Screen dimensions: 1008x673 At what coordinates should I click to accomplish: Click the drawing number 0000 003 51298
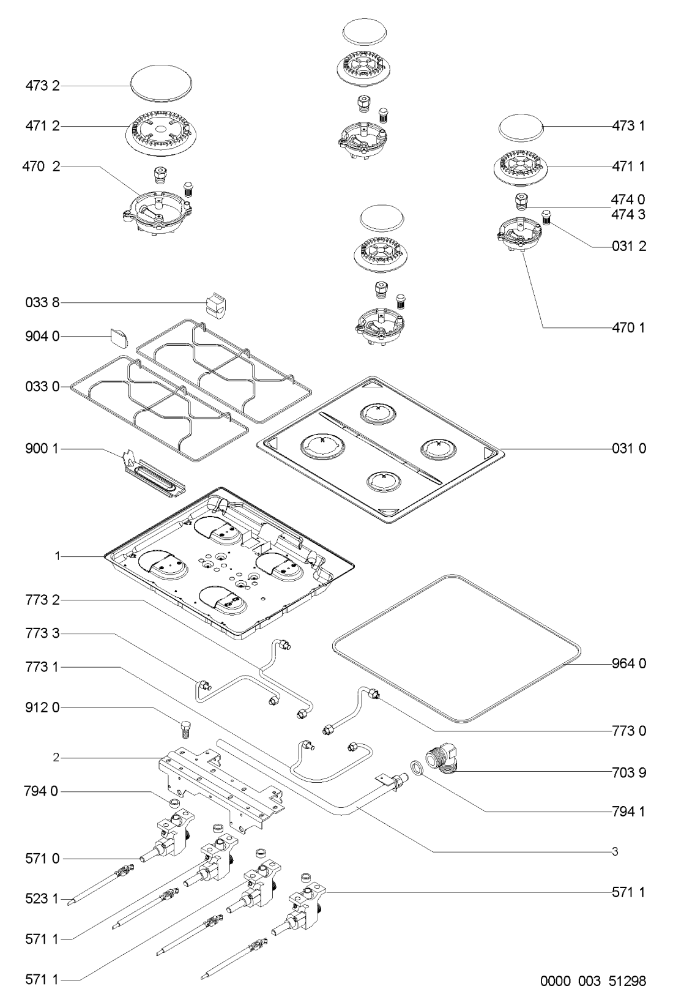(592, 982)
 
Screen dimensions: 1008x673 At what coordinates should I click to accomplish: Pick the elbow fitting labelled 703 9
(445, 760)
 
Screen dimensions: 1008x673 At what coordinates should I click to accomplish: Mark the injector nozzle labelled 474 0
(522, 200)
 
